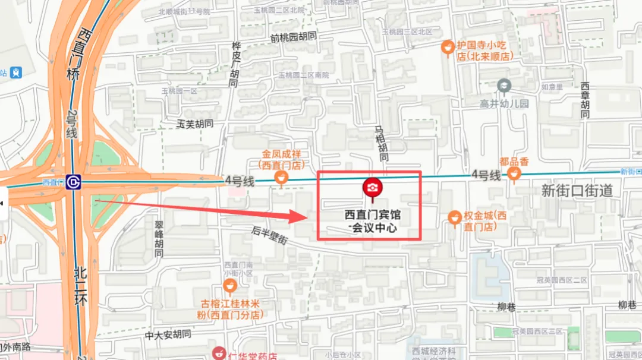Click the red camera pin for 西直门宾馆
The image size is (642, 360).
click(373, 188)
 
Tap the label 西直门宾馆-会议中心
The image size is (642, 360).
click(373, 220)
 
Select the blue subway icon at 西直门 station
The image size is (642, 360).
click(74, 182)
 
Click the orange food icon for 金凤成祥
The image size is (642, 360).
click(281, 177)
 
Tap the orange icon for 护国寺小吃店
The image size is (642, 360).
click(448, 46)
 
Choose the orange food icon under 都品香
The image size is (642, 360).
click(514, 173)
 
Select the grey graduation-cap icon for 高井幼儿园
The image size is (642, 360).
click(504, 87)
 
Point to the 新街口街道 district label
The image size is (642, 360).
click(577, 191)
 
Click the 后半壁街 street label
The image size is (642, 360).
click(269, 235)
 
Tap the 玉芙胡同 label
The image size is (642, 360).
click(195, 124)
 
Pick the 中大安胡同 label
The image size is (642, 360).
click(168, 335)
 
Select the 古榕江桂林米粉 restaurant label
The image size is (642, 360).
click(231, 310)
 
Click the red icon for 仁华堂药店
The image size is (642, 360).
click(219, 353)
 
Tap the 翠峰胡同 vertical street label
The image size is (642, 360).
click(159, 239)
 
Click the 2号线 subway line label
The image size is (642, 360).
click(71, 125)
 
